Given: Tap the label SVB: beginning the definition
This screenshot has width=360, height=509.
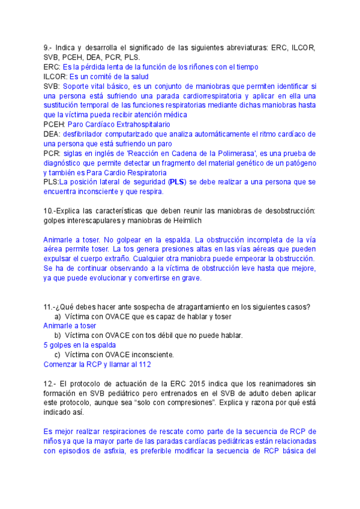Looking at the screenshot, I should pyautogui.click(x=52, y=86).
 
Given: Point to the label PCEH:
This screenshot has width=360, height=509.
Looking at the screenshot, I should pyautogui.click(x=55, y=124).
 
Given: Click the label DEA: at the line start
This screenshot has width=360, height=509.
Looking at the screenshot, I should pyautogui.click(x=52, y=134).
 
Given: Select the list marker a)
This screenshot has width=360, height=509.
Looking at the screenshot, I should pyautogui.click(x=58, y=316).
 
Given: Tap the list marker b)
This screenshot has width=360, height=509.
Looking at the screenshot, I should pyautogui.click(x=58, y=336).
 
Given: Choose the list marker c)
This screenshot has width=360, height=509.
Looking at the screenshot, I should pyautogui.click(x=58, y=355).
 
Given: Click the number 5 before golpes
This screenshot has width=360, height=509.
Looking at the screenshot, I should pyautogui.click(x=46, y=345).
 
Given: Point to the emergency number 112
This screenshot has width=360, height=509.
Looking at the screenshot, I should pyautogui.click(x=144, y=364).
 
